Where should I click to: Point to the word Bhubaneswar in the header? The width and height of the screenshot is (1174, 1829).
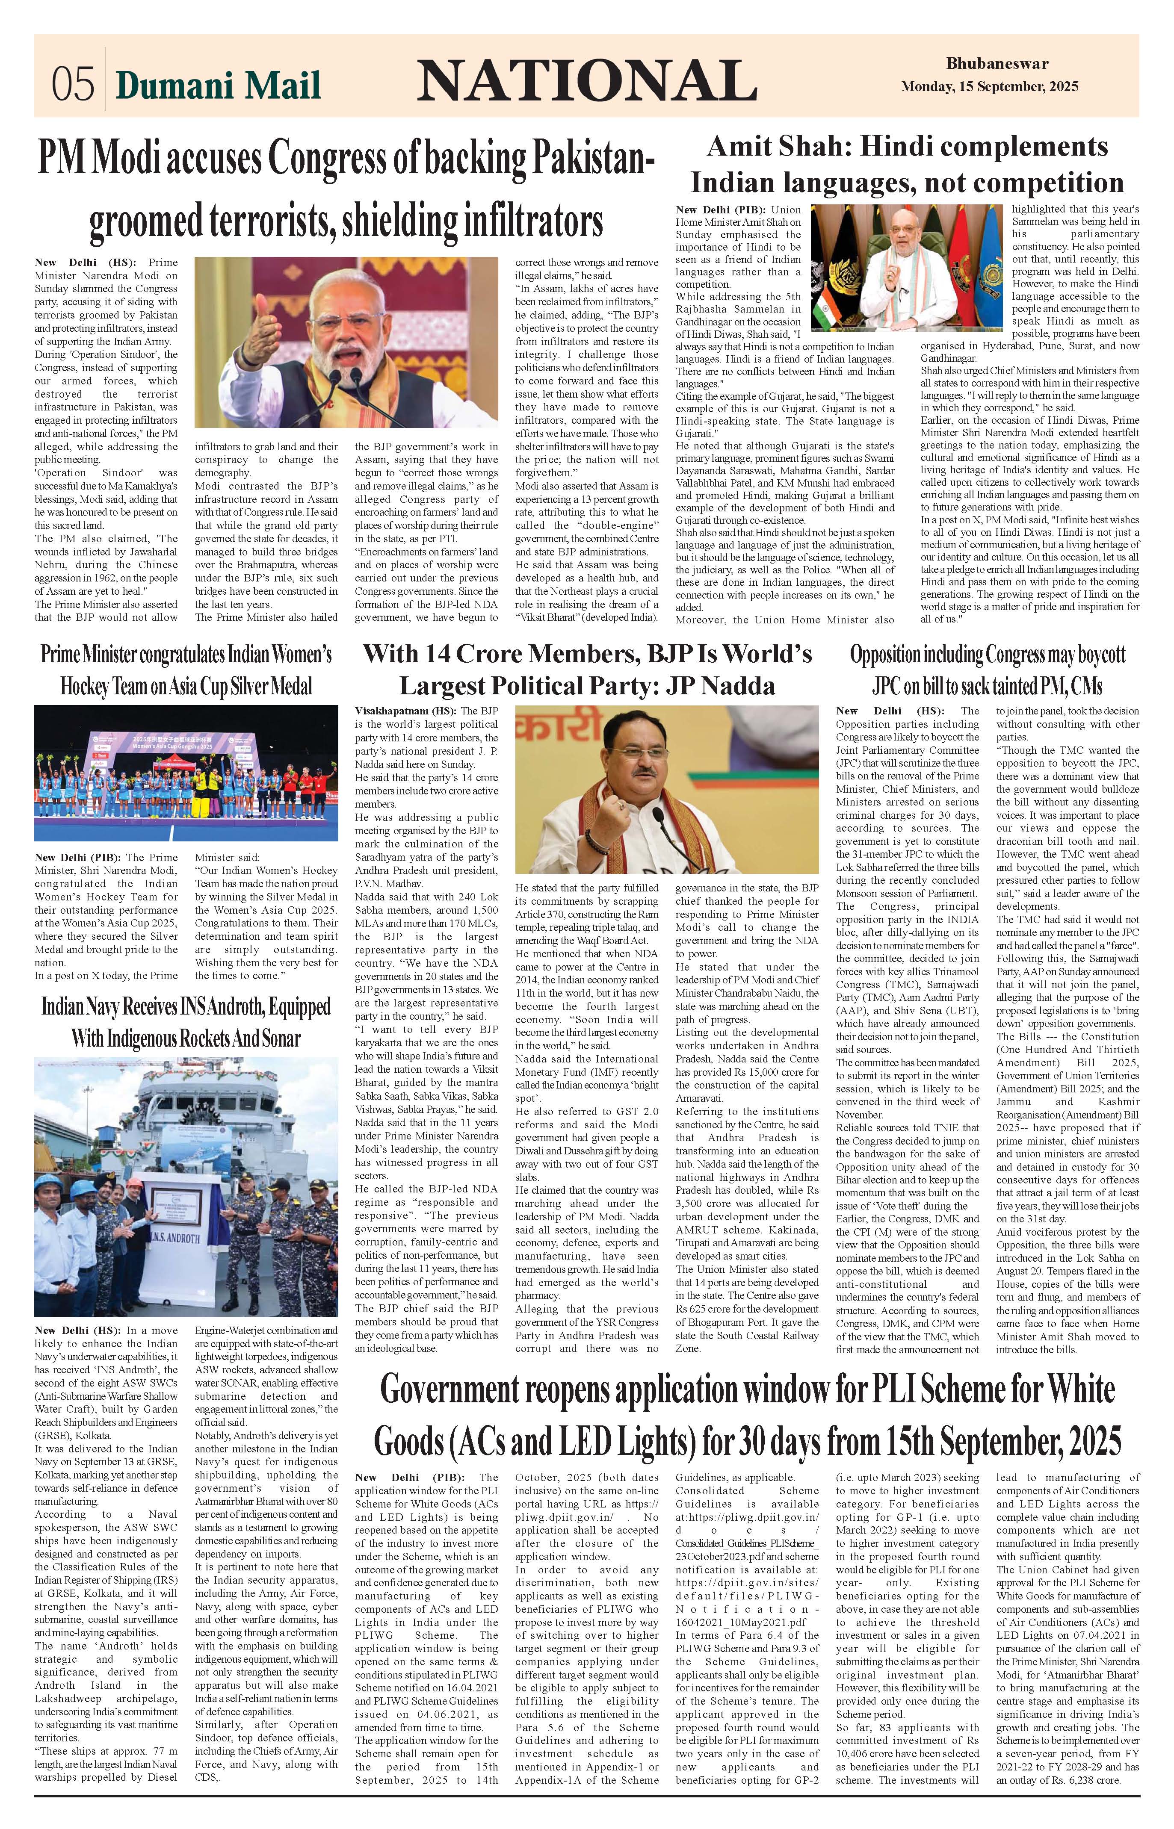[997, 64]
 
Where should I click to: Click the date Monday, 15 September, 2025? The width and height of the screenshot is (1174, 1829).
[990, 87]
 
